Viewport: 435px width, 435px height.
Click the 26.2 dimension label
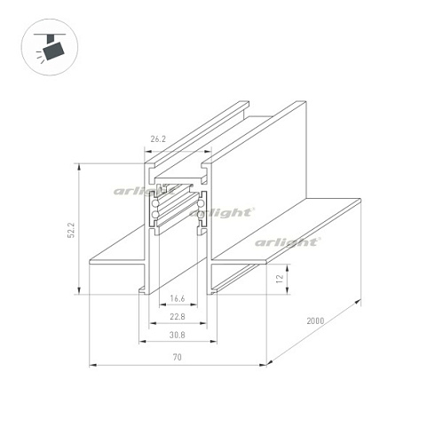(158, 138)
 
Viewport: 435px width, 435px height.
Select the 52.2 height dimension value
(71, 230)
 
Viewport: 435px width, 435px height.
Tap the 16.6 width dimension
(178, 298)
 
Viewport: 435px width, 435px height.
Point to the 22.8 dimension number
(178, 317)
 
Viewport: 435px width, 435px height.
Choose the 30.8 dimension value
(178, 335)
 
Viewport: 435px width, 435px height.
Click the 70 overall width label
(178, 357)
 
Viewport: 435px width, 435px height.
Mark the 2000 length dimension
(315, 320)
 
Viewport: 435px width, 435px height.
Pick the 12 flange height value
(280, 279)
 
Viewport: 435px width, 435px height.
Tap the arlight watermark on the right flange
(288, 242)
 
